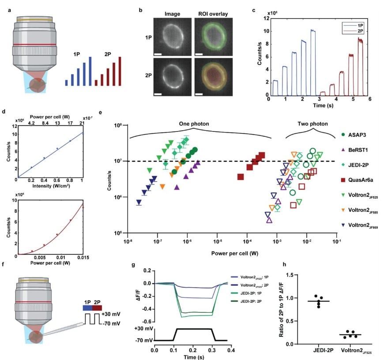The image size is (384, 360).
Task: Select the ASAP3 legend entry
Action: tap(360, 134)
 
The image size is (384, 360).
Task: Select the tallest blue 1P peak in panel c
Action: tap(312, 30)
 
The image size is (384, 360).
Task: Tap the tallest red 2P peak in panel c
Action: tap(360, 39)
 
